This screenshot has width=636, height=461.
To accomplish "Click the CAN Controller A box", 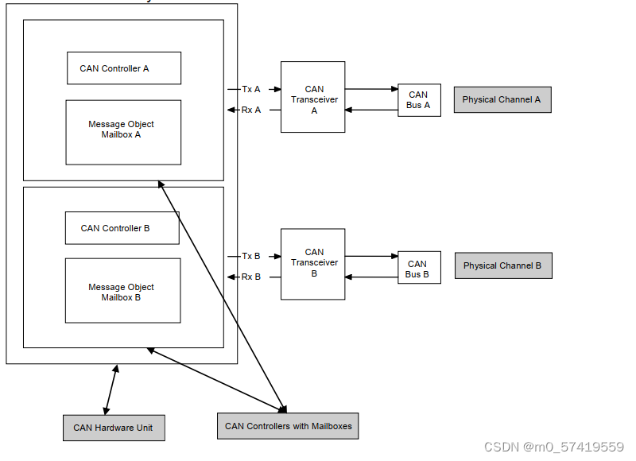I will coord(123,68).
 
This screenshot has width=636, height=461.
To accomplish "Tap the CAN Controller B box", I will coord(122,228).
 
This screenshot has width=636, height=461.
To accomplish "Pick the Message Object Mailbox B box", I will coord(122,291).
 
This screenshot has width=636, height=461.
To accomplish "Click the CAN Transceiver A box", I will coord(312,97).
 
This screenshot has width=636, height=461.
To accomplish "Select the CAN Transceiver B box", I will coord(312,264).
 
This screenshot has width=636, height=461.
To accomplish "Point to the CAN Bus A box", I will coord(419,100).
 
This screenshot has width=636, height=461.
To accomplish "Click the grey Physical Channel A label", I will coord(502,99).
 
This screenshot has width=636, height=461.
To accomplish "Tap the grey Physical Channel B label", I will coord(502,265).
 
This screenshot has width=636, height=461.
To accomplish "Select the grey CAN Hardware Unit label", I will coord(113,428).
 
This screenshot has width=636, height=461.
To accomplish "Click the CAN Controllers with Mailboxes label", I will coord(288,426).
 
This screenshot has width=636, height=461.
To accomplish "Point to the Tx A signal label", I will coord(251,89).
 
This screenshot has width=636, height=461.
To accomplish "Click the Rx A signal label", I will coord(251,110).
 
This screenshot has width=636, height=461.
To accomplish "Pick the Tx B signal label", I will coord(251,256).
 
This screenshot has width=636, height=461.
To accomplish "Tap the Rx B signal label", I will coord(251,277).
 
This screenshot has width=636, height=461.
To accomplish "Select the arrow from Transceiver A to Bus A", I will coord(371,90).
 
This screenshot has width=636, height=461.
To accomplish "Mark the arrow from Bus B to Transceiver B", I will coord(371,277).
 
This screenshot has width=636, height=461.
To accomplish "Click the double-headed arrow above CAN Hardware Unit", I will coord(111,389).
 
